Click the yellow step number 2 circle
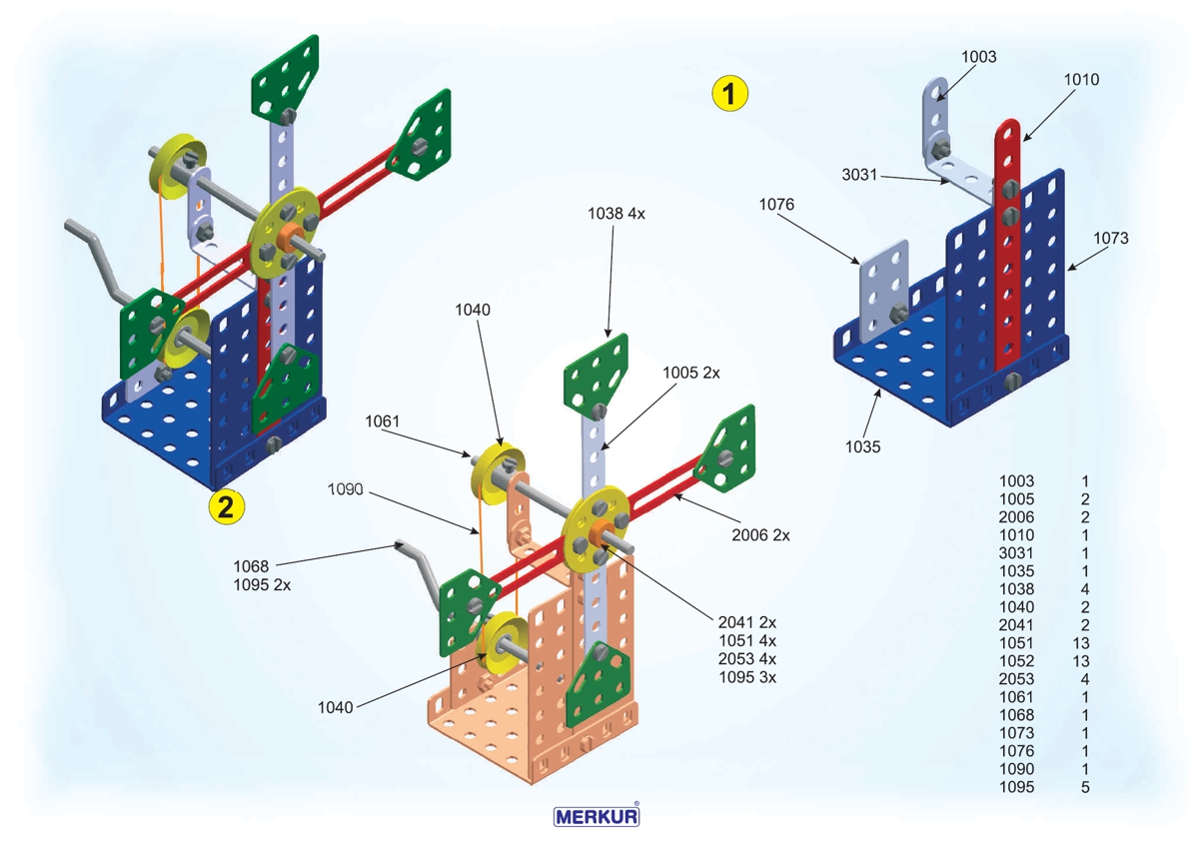(x=226, y=506)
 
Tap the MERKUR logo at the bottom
(x=598, y=816)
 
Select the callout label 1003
(x=979, y=57)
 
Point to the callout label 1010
(x=1081, y=79)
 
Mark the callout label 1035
(x=862, y=446)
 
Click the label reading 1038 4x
(x=616, y=214)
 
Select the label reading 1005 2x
(x=691, y=373)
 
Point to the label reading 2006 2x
(x=760, y=535)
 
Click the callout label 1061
(x=383, y=422)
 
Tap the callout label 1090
(x=346, y=489)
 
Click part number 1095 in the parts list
(x=1017, y=787)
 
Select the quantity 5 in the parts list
(x=1085, y=787)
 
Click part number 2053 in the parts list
(x=1017, y=679)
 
